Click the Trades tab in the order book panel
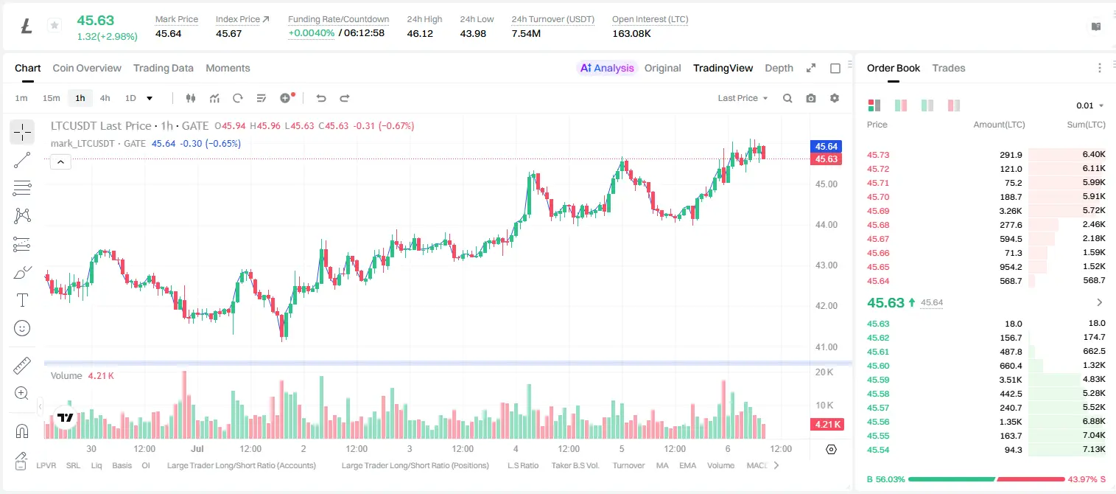(x=949, y=68)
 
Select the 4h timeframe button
(x=105, y=98)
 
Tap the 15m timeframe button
(x=51, y=98)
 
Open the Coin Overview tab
(x=87, y=68)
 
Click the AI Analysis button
(x=607, y=68)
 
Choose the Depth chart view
(x=779, y=68)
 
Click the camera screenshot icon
(x=810, y=98)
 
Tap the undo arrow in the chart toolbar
(x=321, y=98)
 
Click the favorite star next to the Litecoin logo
(x=55, y=25)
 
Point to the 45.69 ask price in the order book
(x=878, y=211)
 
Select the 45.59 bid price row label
(x=878, y=380)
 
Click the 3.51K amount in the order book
(x=1011, y=380)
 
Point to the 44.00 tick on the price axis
(x=826, y=225)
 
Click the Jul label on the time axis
(x=197, y=448)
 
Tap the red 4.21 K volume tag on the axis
(x=827, y=424)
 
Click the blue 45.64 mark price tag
(x=826, y=146)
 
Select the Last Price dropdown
(x=743, y=98)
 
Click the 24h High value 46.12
(x=420, y=33)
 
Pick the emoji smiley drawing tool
(x=22, y=328)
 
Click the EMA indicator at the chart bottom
(x=687, y=465)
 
